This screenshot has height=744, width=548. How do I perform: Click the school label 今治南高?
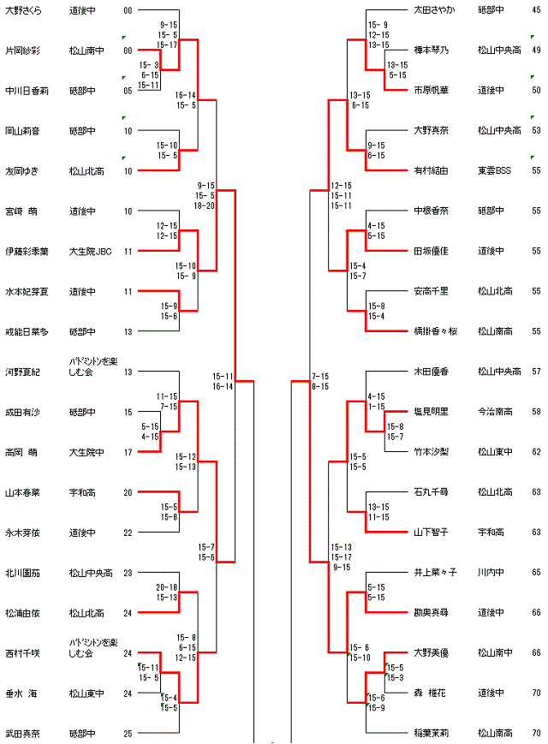[495, 411]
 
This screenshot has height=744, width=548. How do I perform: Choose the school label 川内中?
[491, 572]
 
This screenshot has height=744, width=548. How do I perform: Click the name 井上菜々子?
[436, 572]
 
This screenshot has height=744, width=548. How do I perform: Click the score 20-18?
[167, 586]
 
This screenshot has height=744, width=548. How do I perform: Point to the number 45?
[536, 10]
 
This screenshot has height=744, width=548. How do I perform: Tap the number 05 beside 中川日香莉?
[128, 91]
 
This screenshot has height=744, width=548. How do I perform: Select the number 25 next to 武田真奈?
[128, 733]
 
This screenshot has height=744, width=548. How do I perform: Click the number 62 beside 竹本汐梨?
[536, 451]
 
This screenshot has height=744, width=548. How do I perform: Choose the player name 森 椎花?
[431, 692]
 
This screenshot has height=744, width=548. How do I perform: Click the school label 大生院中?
[86, 451]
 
